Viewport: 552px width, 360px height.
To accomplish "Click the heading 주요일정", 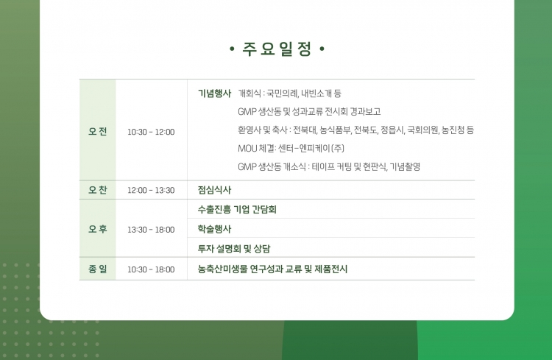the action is coord(277,49).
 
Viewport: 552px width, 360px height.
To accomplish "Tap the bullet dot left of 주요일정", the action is coord(232,49).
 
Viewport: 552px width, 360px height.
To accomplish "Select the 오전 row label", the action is coord(97,131).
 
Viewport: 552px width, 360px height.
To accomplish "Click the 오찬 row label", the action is coord(97,190).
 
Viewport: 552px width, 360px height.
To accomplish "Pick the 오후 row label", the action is coord(97,229).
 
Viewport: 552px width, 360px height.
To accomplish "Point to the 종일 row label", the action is coord(97,269).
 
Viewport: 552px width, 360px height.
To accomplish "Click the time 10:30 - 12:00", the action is coord(151,132).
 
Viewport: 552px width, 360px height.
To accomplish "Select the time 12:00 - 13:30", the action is coord(151,190).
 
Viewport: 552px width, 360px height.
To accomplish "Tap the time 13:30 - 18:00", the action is coord(151,230).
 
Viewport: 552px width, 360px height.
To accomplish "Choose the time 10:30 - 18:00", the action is coord(151,269).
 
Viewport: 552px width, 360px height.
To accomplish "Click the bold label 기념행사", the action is coord(214,93).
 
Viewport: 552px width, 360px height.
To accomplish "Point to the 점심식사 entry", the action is coord(214,190).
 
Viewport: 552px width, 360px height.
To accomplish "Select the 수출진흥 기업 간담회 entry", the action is coord(237,210).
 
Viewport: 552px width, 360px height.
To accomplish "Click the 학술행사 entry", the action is coord(214,229).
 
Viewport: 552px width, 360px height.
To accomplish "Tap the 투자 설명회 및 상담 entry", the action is coord(234,249).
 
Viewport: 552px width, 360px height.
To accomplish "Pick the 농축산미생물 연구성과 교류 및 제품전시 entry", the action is coord(272,269).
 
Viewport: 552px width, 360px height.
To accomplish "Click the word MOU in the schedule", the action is coord(247,149).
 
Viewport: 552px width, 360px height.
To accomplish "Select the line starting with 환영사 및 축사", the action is coord(356,130).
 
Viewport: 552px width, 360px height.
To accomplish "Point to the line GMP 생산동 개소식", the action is coord(329,166).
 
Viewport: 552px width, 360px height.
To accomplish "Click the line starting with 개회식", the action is coord(290,93).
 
